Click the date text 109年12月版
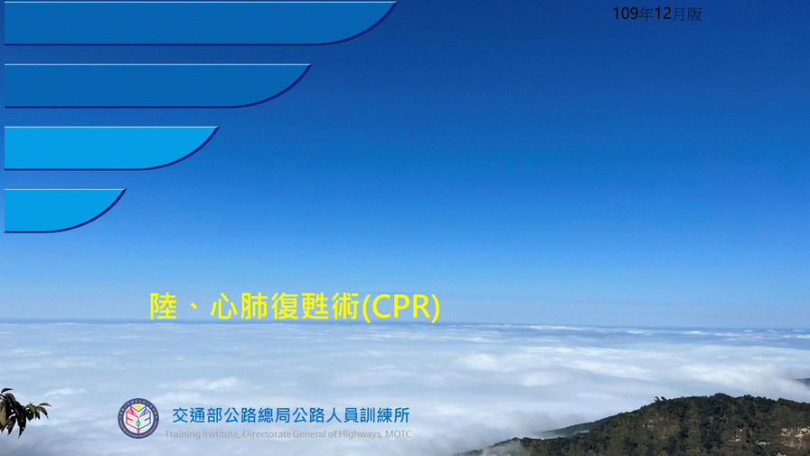(656, 14)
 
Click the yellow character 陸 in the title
(164, 307)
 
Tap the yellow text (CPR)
(401, 307)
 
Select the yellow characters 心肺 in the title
(240, 307)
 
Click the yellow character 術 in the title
(345, 307)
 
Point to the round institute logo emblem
(138, 418)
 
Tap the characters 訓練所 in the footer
(385, 415)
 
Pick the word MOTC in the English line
(399, 434)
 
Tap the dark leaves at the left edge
(20, 412)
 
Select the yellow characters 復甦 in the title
(300, 307)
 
